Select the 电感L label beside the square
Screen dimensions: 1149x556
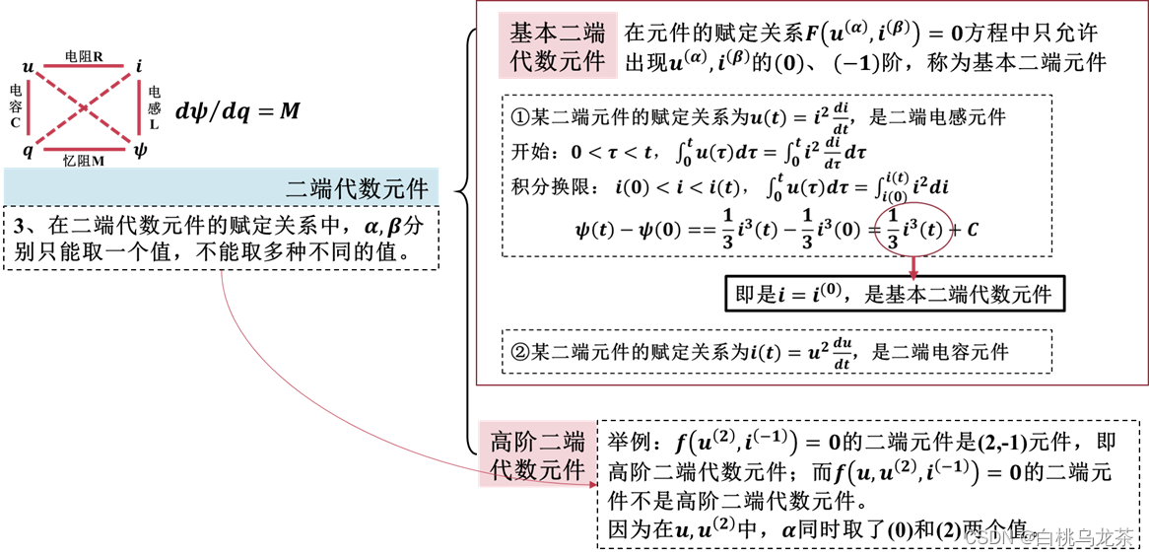(x=154, y=108)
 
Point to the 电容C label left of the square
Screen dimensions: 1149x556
(x=16, y=106)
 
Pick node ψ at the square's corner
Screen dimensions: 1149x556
(x=140, y=150)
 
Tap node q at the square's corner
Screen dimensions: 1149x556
(x=28, y=151)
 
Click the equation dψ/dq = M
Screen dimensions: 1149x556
(x=237, y=110)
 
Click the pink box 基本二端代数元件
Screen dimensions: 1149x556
(x=557, y=45)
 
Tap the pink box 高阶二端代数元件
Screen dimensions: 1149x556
(x=537, y=454)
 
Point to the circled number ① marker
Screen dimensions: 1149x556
(x=520, y=116)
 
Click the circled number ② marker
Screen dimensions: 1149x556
(x=520, y=351)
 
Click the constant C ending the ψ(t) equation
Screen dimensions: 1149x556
(x=972, y=231)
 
